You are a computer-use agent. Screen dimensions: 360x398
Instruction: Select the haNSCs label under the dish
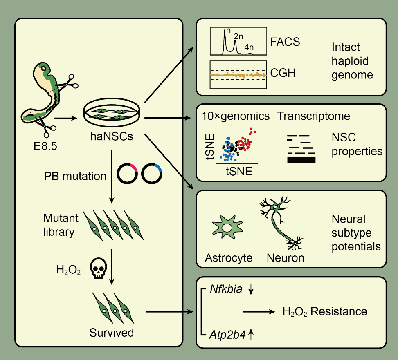pos(111,136)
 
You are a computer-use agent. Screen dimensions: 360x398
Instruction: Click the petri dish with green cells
pos(111,113)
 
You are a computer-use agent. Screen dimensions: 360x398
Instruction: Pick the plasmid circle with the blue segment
pos(152,174)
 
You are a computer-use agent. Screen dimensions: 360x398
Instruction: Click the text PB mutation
pos(75,177)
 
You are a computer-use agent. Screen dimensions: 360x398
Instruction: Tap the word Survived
pos(112,333)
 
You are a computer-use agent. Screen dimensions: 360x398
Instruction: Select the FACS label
pos(286,42)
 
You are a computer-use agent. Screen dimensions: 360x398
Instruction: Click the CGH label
pos(283,74)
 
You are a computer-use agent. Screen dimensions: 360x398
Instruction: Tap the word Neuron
pos(286,258)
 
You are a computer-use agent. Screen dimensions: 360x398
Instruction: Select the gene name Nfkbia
pos(226,290)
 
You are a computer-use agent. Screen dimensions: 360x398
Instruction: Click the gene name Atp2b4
pos(227,335)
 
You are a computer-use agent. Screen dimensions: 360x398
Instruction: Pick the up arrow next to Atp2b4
pos(252,335)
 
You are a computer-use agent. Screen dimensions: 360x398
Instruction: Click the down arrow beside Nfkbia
pos(251,290)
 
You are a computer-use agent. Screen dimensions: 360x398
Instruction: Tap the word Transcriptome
pos(314,116)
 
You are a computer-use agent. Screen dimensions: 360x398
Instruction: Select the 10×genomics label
pos(236,116)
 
